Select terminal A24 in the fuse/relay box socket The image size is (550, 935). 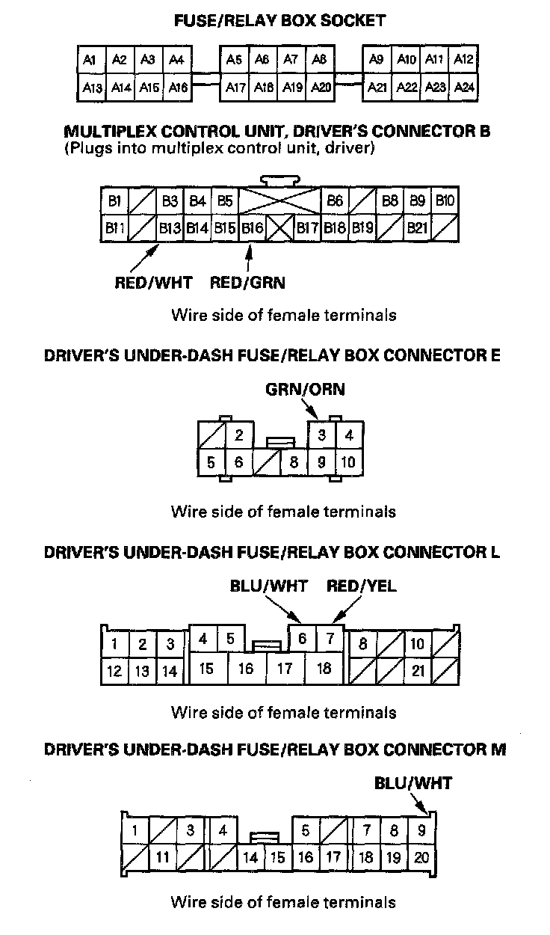(464, 88)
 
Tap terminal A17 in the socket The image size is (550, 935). (235, 88)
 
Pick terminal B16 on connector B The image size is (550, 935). (252, 227)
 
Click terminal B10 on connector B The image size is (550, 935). (445, 200)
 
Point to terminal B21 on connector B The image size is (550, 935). (417, 227)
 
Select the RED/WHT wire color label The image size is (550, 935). (154, 283)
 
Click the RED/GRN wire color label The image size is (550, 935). (247, 283)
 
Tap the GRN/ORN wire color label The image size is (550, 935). (305, 390)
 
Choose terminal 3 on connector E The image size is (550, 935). (321, 435)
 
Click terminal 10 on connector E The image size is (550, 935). (348, 462)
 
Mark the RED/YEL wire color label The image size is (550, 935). (362, 586)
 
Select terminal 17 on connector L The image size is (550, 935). (285, 669)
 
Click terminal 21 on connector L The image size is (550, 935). (418, 671)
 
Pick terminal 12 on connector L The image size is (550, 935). (114, 671)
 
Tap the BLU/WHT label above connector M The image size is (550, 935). (413, 783)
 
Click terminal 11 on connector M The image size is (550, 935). (163, 857)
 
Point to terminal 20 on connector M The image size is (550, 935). (421, 857)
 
